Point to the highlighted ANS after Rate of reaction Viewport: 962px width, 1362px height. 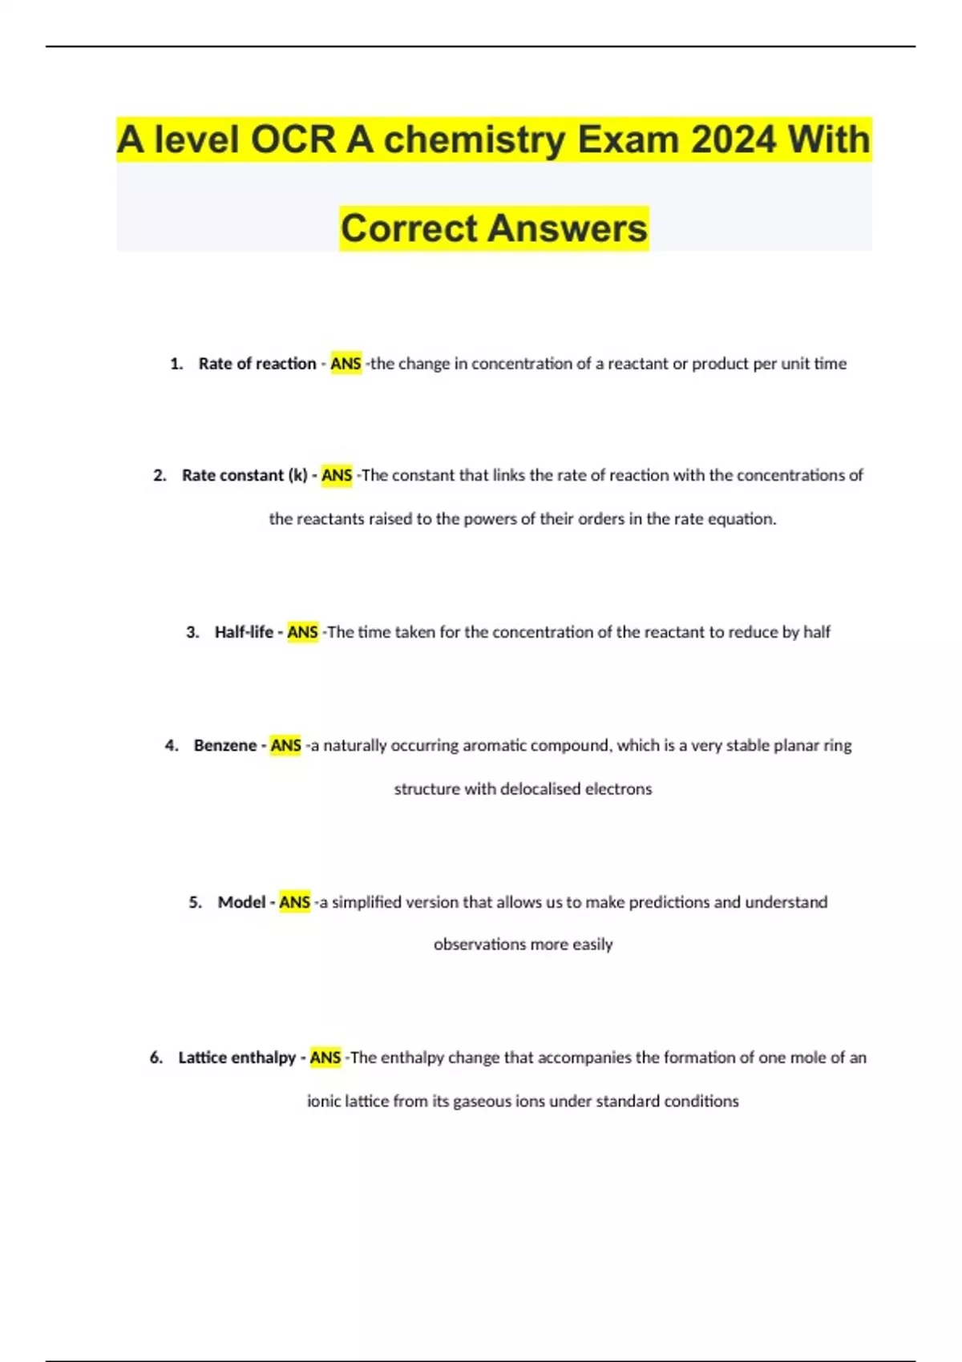[x=346, y=364]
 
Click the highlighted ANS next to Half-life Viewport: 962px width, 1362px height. [x=302, y=632]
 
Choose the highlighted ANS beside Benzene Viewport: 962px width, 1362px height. [x=285, y=745]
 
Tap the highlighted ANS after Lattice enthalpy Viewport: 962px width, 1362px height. [x=325, y=1058]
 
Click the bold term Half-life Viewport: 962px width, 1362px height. [x=244, y=632]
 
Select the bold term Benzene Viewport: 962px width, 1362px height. [x=224, y=745]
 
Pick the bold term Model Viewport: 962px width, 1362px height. [x=241, y=902]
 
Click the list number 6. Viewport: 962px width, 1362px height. [x=156, y=1058]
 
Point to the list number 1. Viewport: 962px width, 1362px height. [x=176, y=364]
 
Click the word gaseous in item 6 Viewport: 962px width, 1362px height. [x=482, y=1101]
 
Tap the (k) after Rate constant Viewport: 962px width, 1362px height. [x=297, y=475]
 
